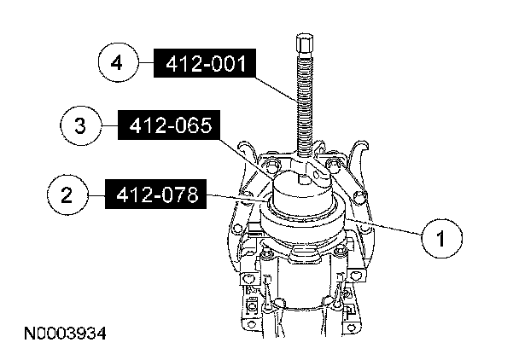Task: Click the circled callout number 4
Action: click(x=118, y=62)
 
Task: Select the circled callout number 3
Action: click(x=80, y=125)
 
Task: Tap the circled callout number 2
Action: click(x=67, y=195)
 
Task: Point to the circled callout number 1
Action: click(x=441, y=238)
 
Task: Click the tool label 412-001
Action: click(x=205, y=63)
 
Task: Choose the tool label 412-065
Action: click(x=169, y=125)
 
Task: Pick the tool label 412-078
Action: click(x=155, y=195)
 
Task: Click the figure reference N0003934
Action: click(x=65, y=334)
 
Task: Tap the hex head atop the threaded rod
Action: click(x=305, y=43)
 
